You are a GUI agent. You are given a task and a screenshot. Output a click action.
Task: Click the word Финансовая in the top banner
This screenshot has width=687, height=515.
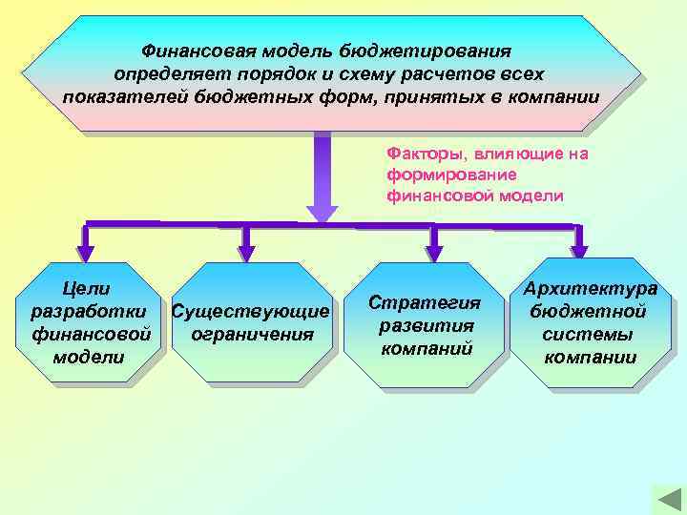[x=193, y=50]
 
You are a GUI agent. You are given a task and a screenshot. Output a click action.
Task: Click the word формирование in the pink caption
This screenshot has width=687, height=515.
[x=439, y=175]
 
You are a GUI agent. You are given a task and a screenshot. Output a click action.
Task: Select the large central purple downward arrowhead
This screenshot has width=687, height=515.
[x=322, y=211]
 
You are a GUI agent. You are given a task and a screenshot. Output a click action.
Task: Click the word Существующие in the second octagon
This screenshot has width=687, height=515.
[x=250, y=312]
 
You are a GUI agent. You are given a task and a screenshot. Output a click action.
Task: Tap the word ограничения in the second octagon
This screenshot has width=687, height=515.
[x=252, y=335]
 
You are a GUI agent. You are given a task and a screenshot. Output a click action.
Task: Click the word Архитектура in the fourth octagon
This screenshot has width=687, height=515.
[x=597, y=288]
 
